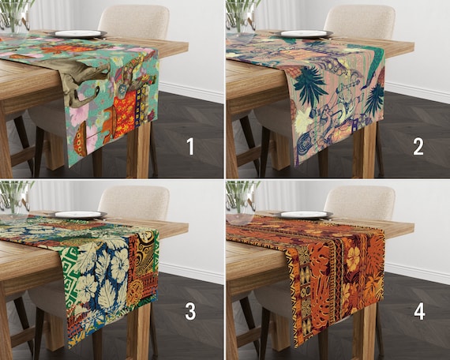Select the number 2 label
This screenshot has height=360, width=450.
[x=418, y=147]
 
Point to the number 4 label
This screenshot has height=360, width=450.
[x=418, y=311]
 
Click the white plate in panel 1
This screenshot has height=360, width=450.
[x=80, y=34]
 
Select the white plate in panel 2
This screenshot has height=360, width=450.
[x=305, y=34]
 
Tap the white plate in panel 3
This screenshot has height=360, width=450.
[x=80, y=215]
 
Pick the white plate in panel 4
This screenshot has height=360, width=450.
[x=305, y=215]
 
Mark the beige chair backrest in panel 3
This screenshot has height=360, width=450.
[x=134, y=201]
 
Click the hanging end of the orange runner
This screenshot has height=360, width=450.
[x=336, y=292]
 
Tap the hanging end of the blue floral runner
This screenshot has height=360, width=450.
[x=111, y=292]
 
